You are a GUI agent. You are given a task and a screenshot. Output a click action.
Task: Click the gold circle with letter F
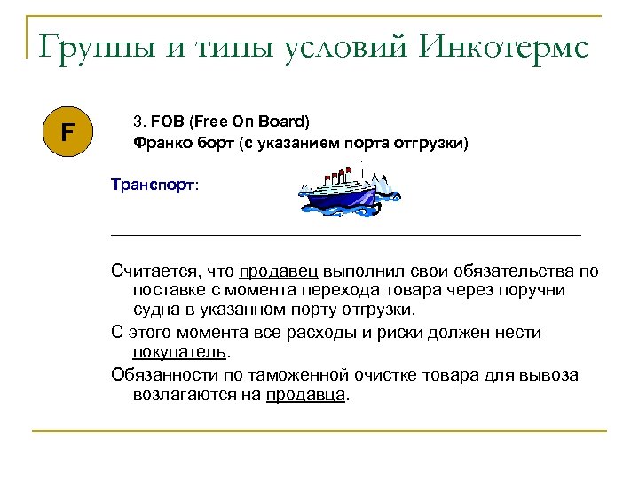[67, 134]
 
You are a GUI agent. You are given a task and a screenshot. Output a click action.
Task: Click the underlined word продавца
[306, 395]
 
